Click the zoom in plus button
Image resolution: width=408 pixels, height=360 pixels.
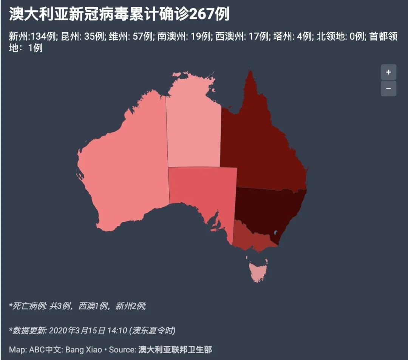[x=388, y=72]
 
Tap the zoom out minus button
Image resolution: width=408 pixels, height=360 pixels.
[x=388, y=88]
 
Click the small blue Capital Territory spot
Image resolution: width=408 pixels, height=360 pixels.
[x=275, y=232]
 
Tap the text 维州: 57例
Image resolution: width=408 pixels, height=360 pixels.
[x=131, y=37]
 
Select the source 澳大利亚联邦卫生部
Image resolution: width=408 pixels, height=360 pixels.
[x=175, y=350]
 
